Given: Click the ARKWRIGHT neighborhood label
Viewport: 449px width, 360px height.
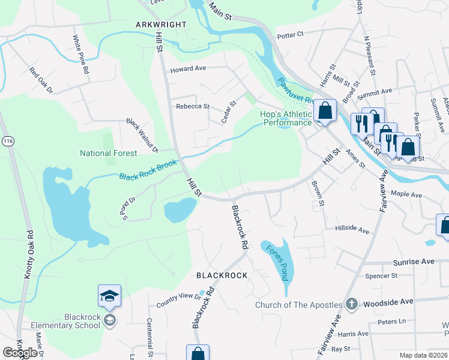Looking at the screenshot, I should point(161,25).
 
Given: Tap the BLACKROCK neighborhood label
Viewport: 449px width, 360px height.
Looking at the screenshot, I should point(222,275).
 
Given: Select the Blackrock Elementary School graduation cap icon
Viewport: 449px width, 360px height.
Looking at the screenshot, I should point(109,296).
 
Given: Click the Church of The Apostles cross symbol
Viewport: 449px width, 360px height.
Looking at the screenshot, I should point(352,304).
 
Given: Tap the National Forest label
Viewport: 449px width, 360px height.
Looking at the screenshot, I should point(109,153).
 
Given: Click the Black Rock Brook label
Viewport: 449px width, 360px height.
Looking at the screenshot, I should point(148,169).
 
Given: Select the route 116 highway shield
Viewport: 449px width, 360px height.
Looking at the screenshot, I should point(7,140).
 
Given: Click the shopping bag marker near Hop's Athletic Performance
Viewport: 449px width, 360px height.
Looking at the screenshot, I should point(325,111).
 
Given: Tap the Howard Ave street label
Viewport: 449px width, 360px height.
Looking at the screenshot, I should point(187,69).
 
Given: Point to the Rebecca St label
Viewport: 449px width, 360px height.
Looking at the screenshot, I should point(192,106).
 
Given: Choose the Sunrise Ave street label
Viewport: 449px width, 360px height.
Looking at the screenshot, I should point(413,262).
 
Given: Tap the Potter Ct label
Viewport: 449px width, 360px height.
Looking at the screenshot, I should point(291,35).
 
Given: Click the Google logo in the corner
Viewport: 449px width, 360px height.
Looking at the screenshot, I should point(20,353).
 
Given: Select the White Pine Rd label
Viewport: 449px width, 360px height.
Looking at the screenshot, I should point(81,54).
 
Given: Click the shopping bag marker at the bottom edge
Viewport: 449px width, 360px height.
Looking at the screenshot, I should point(197,353).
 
